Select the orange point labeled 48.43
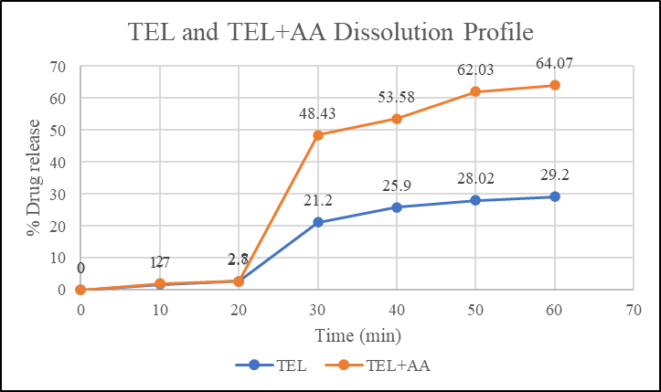[317, 135]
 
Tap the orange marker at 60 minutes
[554, 85]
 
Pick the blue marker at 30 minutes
[317, 222]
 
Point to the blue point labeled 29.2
[554, 196]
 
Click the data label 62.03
[475, 70]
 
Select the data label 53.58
[397, 98]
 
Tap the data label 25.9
[397, 186]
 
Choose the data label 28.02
[475, 179]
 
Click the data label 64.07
[554, 63]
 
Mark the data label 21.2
[317, 201]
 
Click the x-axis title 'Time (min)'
[356, 335]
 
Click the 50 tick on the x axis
[475, 309]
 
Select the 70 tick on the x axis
[633, 309]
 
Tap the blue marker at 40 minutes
[397, 207]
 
